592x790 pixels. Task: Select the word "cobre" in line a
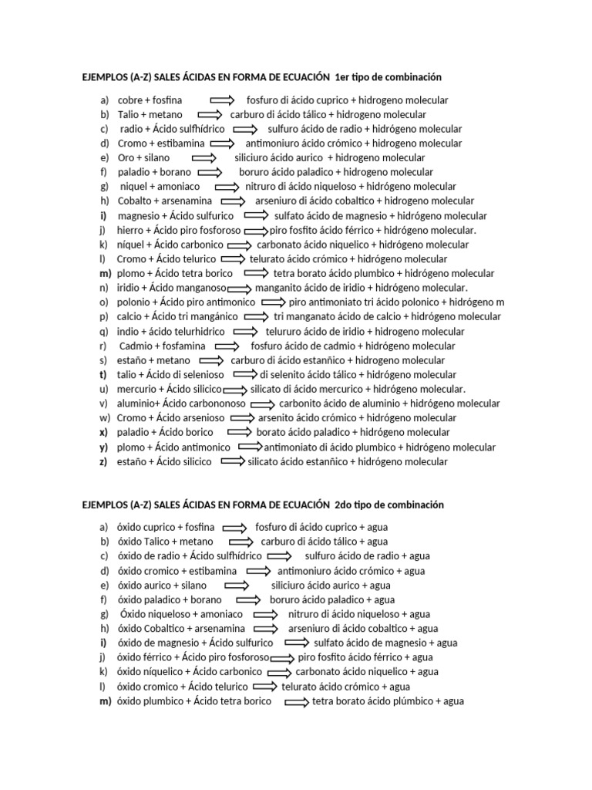[x=130, y=100]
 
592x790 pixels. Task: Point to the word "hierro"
[x=130, y=230]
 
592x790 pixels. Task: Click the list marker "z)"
[x=104, y=461]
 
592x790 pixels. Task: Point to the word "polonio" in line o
[x=134, y=302]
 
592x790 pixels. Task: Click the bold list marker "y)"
[x=104, y=447]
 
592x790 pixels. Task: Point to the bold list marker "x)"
[x=104, y=432]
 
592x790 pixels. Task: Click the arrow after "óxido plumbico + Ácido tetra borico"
[x=297, y=701]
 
